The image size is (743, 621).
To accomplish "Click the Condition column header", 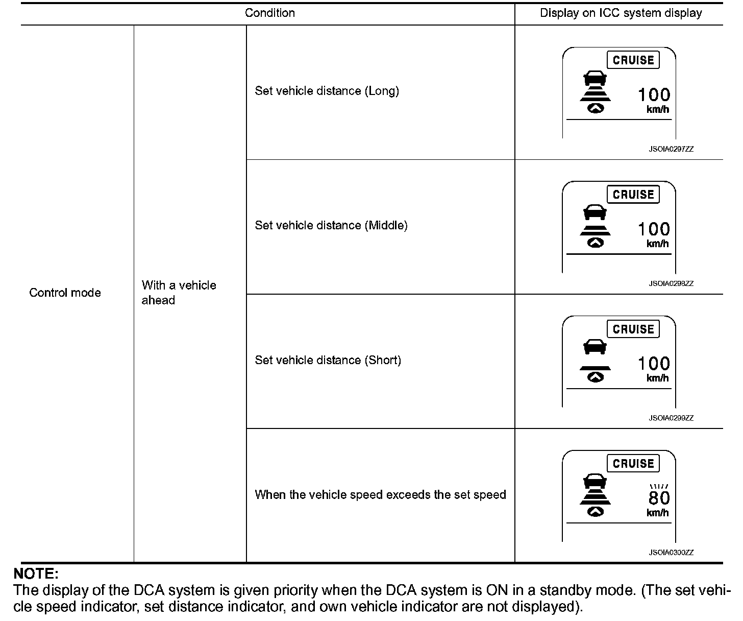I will (x=269, y=13).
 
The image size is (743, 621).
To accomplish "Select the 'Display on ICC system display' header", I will (x=621, y=13).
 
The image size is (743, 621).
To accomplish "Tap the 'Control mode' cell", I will (x=65, y=293).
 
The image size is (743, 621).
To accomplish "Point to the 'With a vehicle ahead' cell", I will (x=179, y=293).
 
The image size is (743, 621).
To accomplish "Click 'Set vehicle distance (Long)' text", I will (x=327, y=91).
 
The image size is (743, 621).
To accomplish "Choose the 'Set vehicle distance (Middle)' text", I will (x=331, y=225).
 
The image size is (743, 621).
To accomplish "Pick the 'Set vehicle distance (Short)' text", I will (x=328, y=360).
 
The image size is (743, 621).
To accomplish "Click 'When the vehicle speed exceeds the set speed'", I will (x=380, y=494).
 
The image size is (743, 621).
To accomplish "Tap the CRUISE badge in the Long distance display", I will (x=633, y=60).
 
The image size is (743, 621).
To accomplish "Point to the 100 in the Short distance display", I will (x=654, y=364).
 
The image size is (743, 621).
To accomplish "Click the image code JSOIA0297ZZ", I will (x=671, y=149).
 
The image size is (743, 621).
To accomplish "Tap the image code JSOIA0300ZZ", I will (x=671, y=553).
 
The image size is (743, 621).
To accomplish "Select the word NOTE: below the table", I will (x=36, y=574).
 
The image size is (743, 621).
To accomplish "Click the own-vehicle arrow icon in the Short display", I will (x=595, y=377).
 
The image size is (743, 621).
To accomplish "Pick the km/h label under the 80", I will (x=657, y=513).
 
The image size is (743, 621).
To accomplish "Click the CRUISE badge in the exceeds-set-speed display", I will (x=633, y=464).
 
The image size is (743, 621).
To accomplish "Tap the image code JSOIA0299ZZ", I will (x=671, y=418).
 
